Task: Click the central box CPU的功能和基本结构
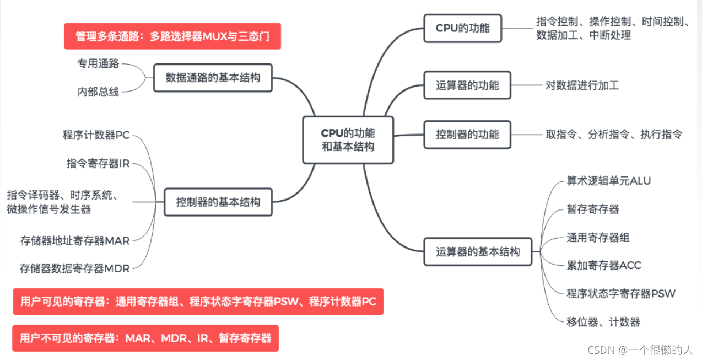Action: point(348,140)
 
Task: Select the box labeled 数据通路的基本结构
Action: point(213,78)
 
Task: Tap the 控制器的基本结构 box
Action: point(218,202)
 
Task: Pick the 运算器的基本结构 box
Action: point(478,251)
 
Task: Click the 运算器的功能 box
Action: point(467,85)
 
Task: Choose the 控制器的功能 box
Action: point(467,135)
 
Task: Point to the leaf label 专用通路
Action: point(98,63)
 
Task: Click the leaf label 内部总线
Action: point(98,92)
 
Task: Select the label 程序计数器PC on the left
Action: point(96,135)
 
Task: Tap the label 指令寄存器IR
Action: point(98,163)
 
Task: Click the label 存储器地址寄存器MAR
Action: point(75,241)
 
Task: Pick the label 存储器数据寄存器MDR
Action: point(74,268)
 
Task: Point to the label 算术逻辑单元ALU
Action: point(609,181)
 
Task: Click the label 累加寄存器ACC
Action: point(604,266)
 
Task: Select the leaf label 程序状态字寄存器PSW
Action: point(621,294)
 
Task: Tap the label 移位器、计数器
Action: point(603,322)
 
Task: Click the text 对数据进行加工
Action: point(582,85)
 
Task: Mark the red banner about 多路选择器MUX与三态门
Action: point(172,36)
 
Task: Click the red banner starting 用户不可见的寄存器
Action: point(145,338)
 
